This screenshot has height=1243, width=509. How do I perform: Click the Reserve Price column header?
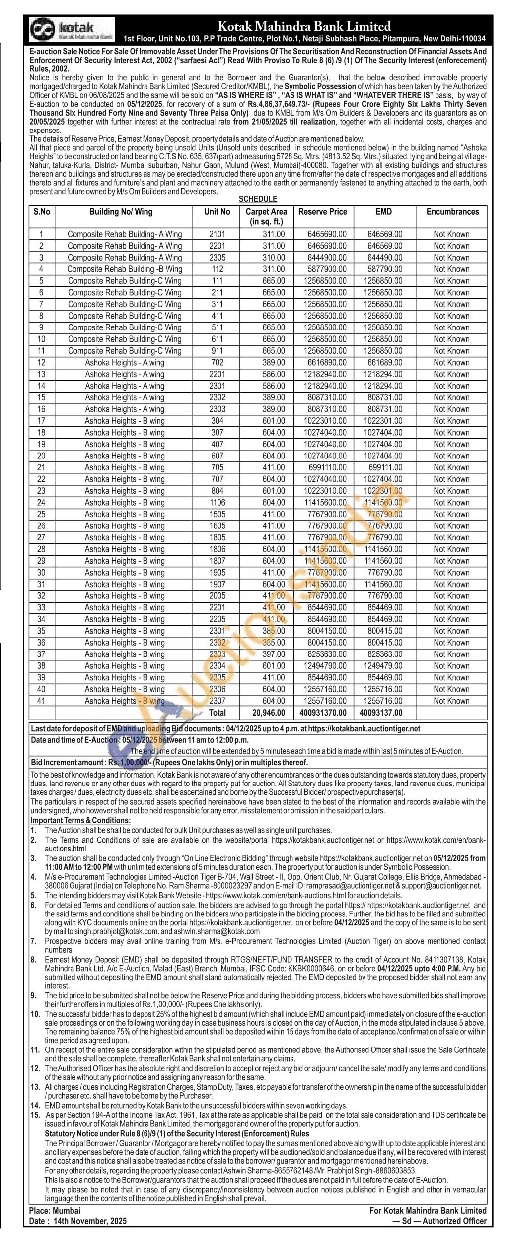point(322,212)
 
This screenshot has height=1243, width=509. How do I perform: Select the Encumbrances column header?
point(452,212)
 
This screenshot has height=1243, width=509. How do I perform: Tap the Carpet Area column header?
point(266,216)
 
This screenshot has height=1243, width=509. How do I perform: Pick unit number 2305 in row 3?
point(217,258)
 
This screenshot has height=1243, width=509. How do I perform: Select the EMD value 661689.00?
point(385,363)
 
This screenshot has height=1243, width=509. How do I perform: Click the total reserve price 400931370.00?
point(323,713)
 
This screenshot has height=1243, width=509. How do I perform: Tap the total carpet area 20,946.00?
point(269,713)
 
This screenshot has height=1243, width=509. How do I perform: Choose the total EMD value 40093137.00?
point(381,713)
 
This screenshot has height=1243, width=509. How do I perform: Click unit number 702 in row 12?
point(217,363)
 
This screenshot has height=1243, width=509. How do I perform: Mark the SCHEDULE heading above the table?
point(258,199)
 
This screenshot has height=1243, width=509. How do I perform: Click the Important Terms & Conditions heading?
point(80,820)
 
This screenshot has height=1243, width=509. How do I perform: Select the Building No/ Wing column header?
point(121,212)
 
